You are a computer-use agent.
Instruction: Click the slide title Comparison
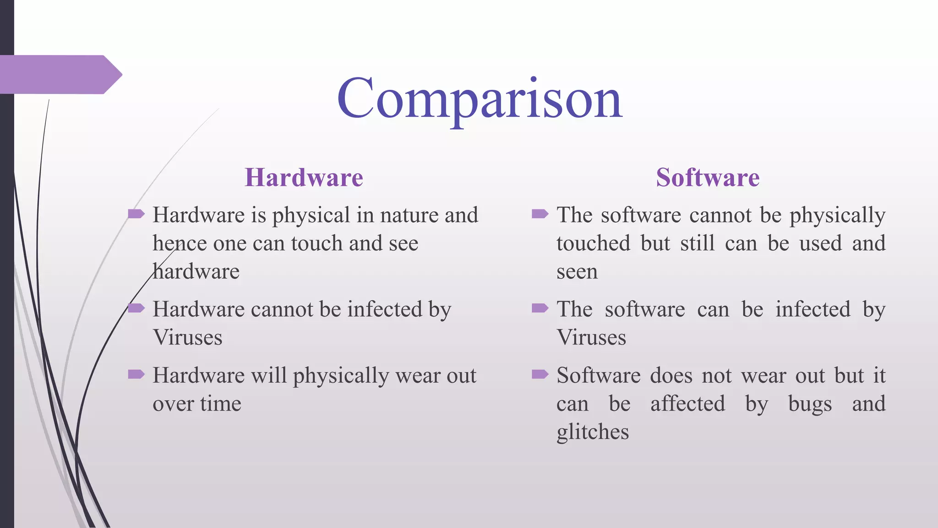480,99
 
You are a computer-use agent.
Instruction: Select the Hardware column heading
304,177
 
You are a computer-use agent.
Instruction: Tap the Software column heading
708,177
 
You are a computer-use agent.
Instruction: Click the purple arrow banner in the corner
60,74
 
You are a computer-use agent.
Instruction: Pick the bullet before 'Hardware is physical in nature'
136,214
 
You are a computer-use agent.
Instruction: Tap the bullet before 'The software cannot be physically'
540,214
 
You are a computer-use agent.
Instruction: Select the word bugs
810,404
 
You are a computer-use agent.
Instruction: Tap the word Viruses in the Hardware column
188,338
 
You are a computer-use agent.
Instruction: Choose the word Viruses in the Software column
591,338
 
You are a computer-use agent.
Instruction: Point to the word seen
577,272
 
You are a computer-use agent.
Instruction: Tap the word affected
688,404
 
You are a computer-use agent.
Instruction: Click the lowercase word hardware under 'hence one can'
196,271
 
